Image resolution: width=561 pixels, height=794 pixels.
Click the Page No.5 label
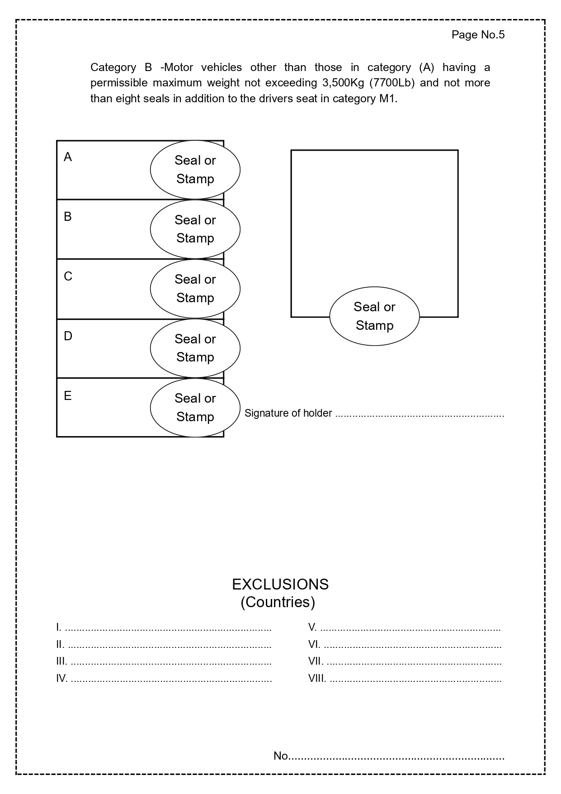coord(478,35)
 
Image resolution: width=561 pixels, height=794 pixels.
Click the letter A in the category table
coord(68,157)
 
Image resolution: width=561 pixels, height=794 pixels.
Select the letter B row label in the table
coord(68,217)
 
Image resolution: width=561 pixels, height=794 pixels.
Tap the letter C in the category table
coord(68,276)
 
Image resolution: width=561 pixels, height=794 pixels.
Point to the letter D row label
coord(68,336)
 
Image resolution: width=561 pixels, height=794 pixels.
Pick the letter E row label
coord(68,396)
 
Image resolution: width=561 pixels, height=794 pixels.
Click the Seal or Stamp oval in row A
coord(195,170)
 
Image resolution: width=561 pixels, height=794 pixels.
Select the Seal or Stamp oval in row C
coord(195,289)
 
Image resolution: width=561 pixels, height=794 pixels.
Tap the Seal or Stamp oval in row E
coord(195,408)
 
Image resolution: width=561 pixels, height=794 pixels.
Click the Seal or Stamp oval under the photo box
coord(374,316)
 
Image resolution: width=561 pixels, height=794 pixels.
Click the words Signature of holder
coord(288,413)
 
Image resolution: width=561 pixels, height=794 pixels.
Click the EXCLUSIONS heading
coord(280,585)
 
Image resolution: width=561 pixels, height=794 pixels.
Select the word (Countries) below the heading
coord(278,602)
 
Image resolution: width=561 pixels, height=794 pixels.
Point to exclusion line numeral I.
coord(58,627)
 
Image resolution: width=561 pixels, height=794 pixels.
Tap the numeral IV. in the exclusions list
coord(62,678)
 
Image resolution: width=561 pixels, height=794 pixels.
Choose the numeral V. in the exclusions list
coord(312,627)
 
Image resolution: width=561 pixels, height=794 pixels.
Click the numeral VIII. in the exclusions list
coord(317,678)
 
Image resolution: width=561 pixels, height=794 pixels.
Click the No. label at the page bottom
coord(281,756)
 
